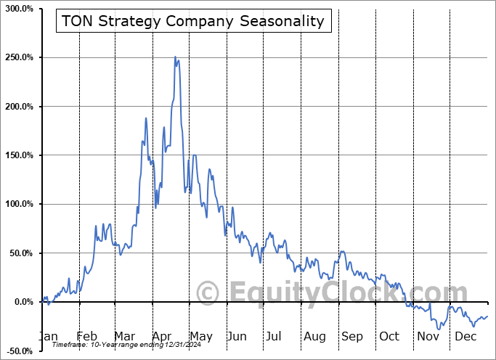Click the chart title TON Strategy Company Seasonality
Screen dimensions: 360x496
(193, 21)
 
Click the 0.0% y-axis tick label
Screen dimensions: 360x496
(22, 302)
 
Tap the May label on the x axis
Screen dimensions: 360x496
(200, 336)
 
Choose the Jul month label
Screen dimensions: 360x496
(274, 336)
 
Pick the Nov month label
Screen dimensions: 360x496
(428, 336)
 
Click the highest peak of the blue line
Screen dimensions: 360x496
(175, 57)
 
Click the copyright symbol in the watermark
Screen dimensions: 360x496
(208, 293)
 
